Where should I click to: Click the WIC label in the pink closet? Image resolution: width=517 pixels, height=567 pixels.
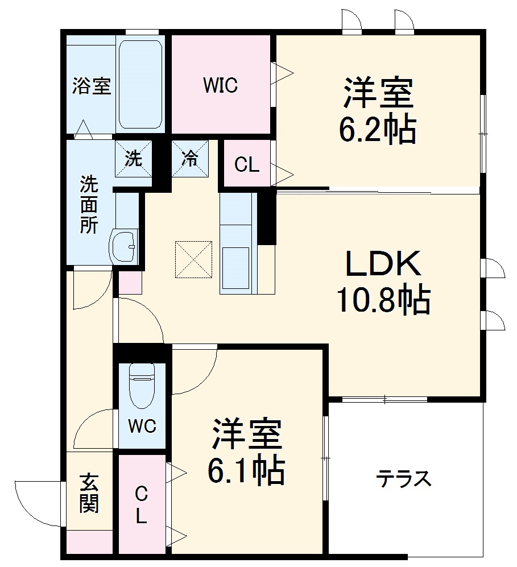pyautogui.click(x=221, y=85)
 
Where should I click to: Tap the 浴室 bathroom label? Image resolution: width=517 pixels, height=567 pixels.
pyautogui.click(x=91, y=87)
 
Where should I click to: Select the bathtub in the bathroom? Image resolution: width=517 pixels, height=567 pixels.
pyautogui.click(x=140, y=84)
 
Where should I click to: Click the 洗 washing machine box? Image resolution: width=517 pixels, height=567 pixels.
pyautogui.click(x=134, y=159)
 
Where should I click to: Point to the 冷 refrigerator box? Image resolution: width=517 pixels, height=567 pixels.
pyautogui.click(x=190, y=159)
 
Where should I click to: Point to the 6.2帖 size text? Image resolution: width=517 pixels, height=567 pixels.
pyautogui.click(x=377, y=130)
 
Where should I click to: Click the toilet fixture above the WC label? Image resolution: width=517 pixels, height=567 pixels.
pyautogui.click(x=142, y=384)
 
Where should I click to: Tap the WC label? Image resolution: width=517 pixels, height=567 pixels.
pyautogui.click(x=142, y=427)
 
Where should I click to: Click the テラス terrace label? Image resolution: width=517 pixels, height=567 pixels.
pyautogui.click(x=403, y=479)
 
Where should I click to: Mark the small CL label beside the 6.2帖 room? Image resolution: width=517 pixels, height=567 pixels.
pyautogui.click(x=247, y=165)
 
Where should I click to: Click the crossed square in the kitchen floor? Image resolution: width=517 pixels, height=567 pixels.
pyautogui.click(x=193, y=260)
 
